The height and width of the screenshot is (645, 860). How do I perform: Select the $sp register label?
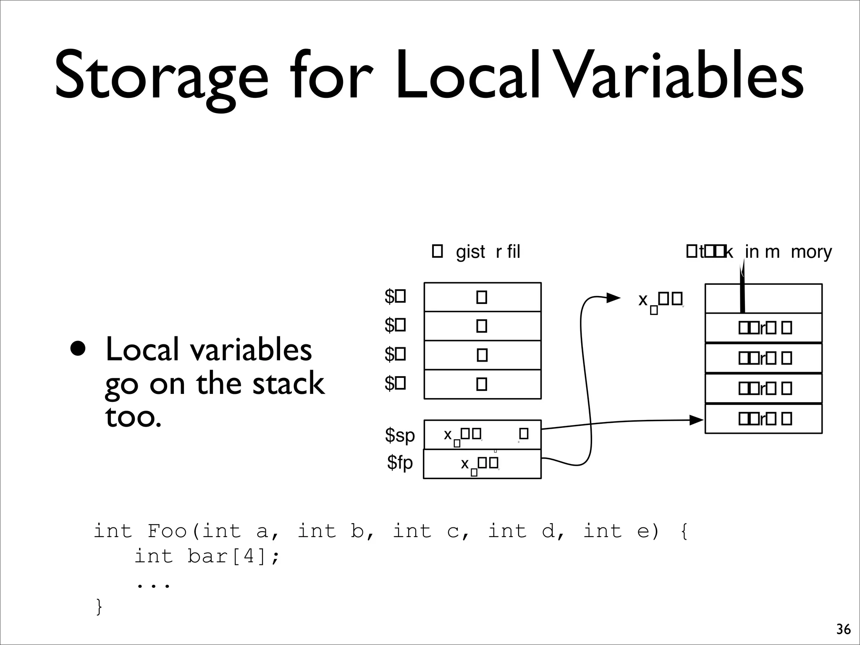click(400, 435)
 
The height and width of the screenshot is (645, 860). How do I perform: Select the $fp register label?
click(400, 463)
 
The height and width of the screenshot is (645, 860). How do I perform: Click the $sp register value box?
click(482, 435)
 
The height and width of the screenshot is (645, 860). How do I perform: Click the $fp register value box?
click(482, 464)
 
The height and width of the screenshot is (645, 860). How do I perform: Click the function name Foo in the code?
click(167, 531)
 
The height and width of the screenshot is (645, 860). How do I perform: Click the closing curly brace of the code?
click(99, 606)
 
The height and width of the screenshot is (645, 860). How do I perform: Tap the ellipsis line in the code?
click(154, 583)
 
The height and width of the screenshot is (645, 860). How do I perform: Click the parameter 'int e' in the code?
click(621, 531)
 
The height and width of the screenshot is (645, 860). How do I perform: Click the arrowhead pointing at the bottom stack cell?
click(697, 420)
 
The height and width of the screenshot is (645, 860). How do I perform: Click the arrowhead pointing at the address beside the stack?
click(614, 298)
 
